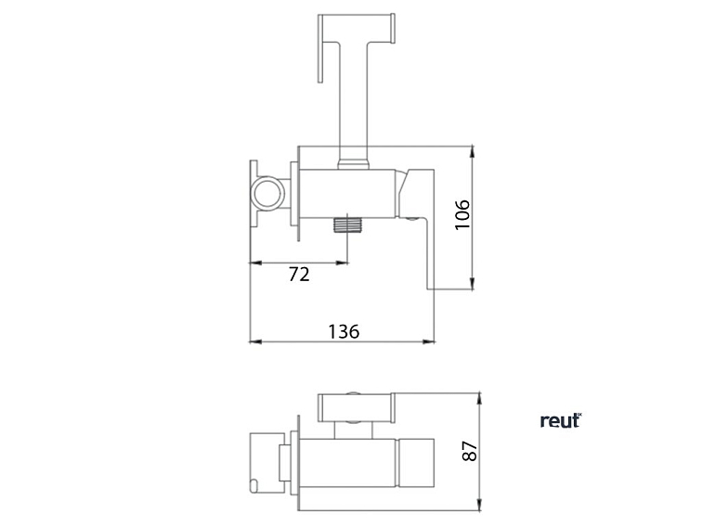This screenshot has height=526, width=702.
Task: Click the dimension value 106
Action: [462, 214]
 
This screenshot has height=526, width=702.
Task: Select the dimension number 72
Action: [299, 275]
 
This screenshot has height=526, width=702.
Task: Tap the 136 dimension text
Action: [344, 331]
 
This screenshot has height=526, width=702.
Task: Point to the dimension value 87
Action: [470, 451]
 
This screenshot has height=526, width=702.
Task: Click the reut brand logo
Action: [561, 420]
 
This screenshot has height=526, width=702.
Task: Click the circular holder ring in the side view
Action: [267, 193]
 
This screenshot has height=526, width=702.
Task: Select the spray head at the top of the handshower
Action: [357, 29]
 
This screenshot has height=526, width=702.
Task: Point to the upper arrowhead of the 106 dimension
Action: [472, 151]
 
